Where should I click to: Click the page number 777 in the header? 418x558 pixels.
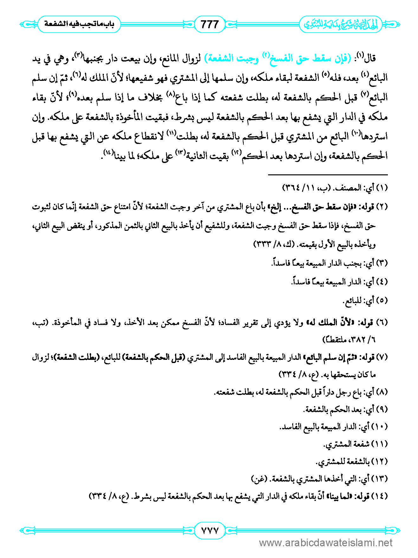coord(209,24)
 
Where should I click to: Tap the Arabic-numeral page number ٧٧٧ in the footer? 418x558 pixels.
coord(209,530)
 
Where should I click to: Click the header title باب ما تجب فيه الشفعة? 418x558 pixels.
coord(79,24)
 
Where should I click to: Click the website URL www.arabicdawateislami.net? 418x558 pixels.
coord(326,543)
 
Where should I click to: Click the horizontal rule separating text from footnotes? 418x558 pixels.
coord(328,175)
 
